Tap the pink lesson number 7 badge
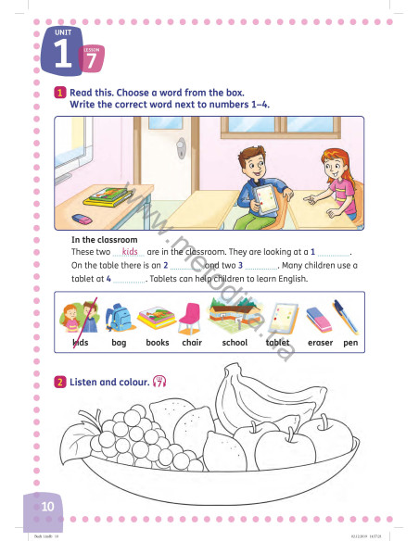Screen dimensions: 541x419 [91, 60]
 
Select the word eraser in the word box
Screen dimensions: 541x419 [320, 343]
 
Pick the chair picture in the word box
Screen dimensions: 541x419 [191, 317]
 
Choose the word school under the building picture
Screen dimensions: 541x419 [235, 343]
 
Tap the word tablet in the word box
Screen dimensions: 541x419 [278, 343]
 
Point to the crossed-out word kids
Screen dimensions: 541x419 [80, 343]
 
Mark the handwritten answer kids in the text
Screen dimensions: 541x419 [130, 251]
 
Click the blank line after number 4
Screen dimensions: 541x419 [130, 279]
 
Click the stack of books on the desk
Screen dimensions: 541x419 [108, 195]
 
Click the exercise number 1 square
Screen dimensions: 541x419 [59, 93]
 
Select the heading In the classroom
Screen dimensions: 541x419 [104, 240]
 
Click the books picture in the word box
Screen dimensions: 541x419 [156, 318]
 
